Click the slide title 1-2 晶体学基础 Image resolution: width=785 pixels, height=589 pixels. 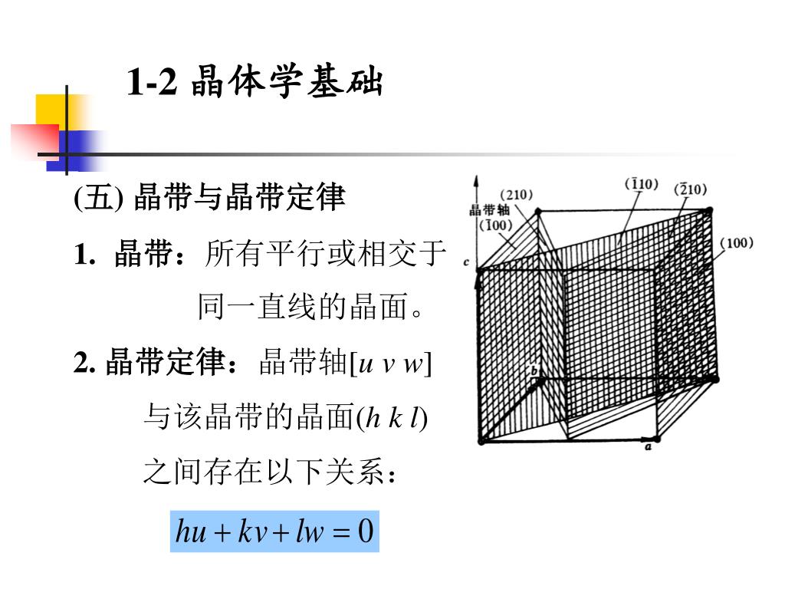click(x=255, y=81)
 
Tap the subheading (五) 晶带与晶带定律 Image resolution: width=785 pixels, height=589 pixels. click(x=209, y=197)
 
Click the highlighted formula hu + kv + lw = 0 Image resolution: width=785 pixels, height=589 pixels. click(x=274, y=531)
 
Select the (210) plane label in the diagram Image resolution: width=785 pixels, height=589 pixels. click(x=516, y=195)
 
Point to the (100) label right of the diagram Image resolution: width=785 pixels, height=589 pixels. click(x=737, y=243)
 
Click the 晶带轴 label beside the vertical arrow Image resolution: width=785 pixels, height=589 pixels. click(x=489, y=210)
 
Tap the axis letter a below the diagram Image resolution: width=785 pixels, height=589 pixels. click(x=648, y=446)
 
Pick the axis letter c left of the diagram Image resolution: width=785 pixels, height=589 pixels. click(x=466, y=262)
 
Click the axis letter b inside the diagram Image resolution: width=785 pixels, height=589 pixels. click(x=534, y=370)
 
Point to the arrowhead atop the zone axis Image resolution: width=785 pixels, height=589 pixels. click(x=477, y=181)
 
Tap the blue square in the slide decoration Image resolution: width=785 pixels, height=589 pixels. click(x=75, y=151)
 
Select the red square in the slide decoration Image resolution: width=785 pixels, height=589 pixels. click(x=35, y=141)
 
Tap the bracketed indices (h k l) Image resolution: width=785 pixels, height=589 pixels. click(x=391, y=418)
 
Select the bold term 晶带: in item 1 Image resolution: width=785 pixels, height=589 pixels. click(x=149, y=254)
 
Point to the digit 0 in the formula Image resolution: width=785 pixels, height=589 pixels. click(x=366, y=531)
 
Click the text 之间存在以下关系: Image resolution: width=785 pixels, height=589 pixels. click(x=270, y=472)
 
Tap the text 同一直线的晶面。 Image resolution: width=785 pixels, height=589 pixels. click(x=310, y=307)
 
